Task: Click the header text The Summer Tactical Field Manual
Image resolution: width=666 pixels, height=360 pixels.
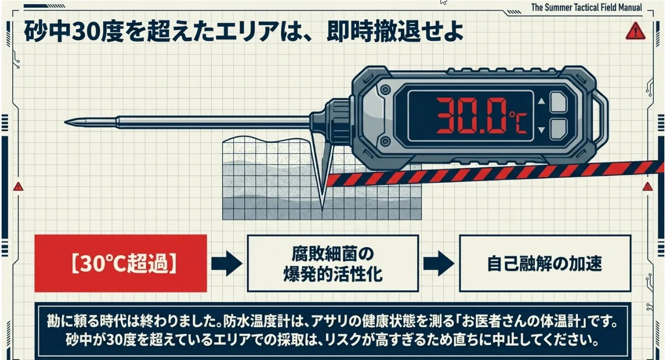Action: (x=587, y=8)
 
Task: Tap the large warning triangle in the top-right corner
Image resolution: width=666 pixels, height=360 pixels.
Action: (x=634, y=31)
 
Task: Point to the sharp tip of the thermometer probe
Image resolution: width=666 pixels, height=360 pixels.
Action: (x=67, y=121)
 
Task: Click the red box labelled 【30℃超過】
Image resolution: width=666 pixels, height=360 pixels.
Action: (x=121, y=263)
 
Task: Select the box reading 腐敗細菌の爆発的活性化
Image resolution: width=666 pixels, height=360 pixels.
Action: (x=332, y=263)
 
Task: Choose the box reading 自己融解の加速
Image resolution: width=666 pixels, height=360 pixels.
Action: (x=544, y=263)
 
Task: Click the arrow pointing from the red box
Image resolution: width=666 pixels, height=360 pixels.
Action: (x=227, y=263)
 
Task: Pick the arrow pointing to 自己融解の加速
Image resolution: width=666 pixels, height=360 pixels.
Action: (x=438, y=263)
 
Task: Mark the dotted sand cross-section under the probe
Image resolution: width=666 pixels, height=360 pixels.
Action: (x=267, y=183)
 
